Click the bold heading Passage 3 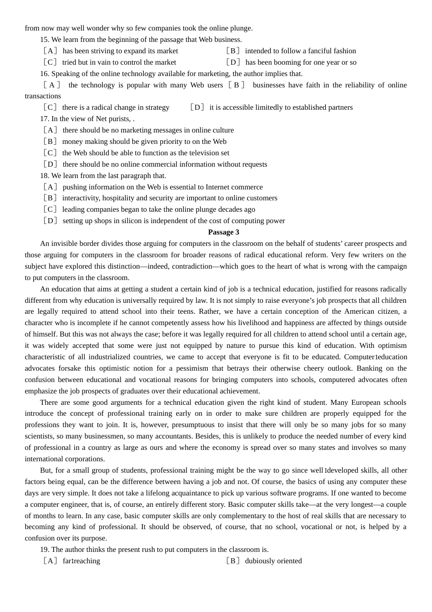click(x=223, y=232)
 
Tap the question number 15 click(x=44, y=40)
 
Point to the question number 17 click(x=44, y=119)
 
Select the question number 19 click(x=44, y=550)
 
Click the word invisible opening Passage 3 click(x=65, y=244)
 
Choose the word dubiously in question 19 click(x=260, y=561)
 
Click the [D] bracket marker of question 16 click(x=197, y=107)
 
